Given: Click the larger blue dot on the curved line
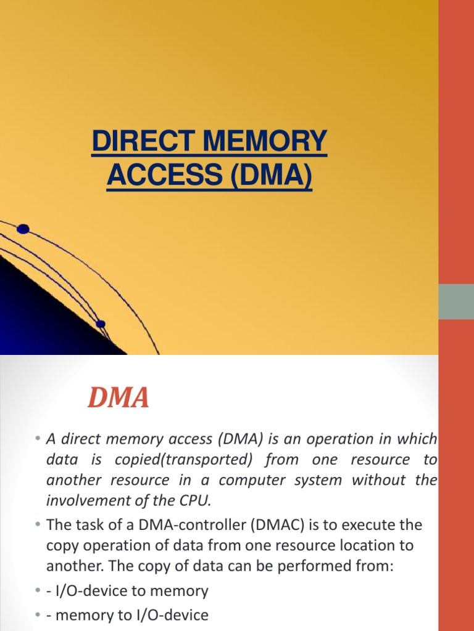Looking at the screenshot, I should point(23,229).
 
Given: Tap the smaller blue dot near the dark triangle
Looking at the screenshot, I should point(101,324).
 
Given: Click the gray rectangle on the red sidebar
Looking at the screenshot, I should point(456,301).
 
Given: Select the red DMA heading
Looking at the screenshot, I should point(118,398).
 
